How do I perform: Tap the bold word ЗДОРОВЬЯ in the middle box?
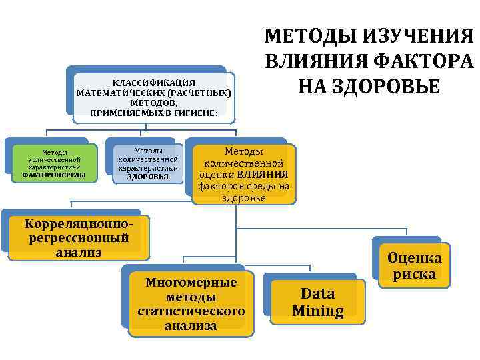pyautogui.click(x=147, y=177)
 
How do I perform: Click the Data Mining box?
pyautogui.click(x=318, y=302)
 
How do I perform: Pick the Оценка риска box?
pyautogui.click(x=414, y=266)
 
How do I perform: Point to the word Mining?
pyautogui.click(x=318, y=311)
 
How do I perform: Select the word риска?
pyautogui.click(x=414, y=274)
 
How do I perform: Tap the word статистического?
pyautogui.click(x=191, y=311)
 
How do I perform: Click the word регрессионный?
pyautogui.click(x=79, y=237)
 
